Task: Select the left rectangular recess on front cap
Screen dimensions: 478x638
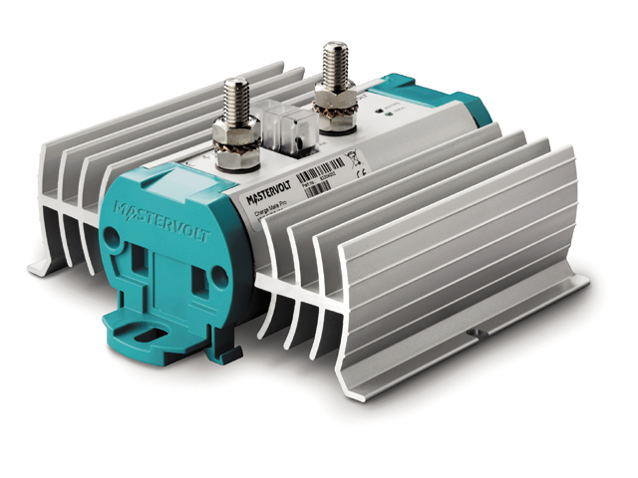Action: [x=143, y=268]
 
